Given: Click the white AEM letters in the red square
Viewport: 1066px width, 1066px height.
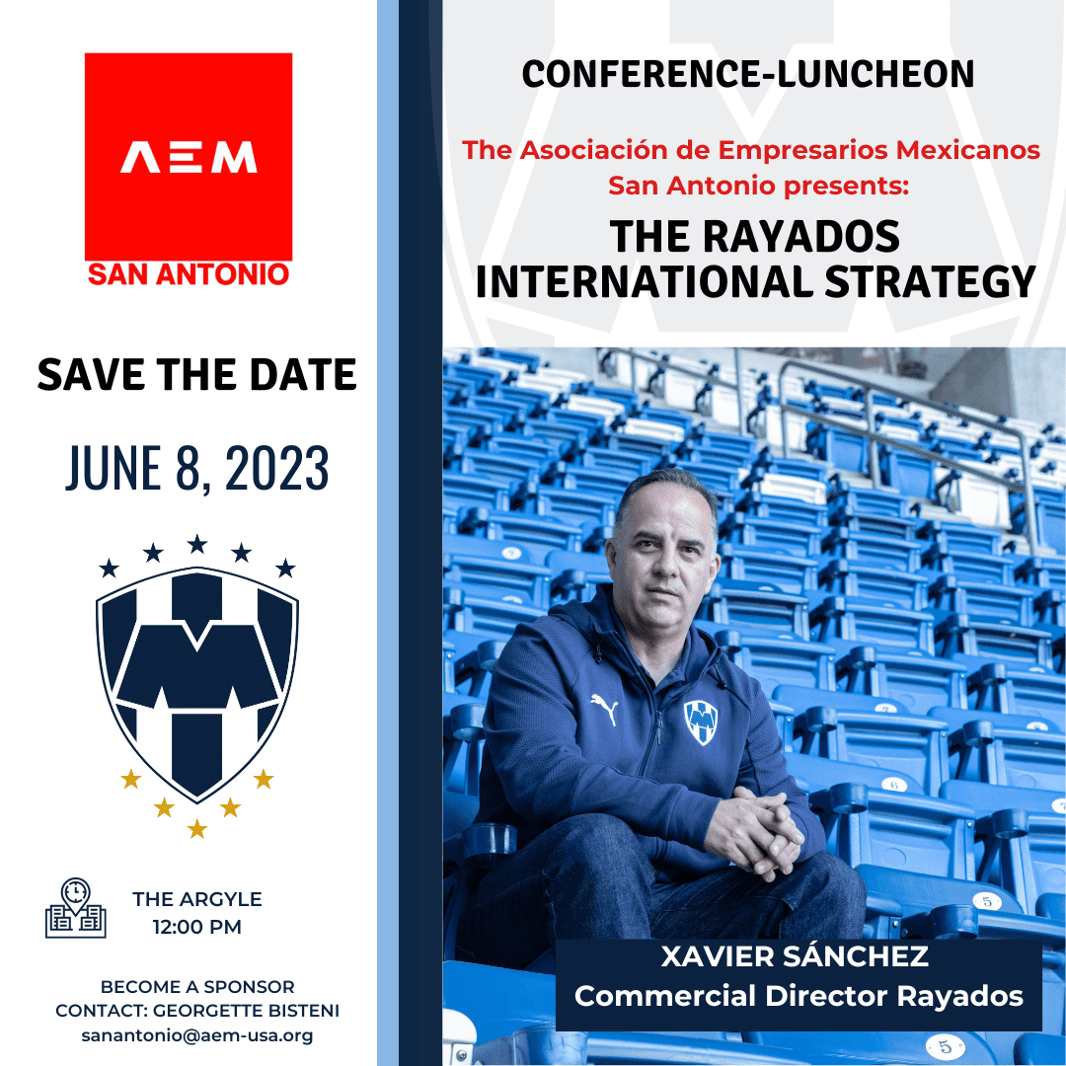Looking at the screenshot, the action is (189, 157).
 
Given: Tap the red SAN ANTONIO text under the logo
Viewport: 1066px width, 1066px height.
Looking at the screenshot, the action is (189, 274).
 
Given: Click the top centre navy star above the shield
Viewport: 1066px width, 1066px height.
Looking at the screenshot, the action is (197, 544).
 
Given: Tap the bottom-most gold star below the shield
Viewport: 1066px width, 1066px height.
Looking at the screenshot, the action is (197, 829).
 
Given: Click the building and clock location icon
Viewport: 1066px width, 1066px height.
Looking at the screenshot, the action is (75, 908).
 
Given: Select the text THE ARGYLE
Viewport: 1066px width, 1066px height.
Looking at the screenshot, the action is (197, 899).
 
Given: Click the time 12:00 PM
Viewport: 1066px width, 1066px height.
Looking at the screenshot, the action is (197, 927).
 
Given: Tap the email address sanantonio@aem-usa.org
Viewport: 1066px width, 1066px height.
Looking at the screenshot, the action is (197, 1035).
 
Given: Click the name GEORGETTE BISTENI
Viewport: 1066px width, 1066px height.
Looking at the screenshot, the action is (246, 1011).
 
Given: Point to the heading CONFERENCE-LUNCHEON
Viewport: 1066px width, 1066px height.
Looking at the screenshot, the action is (748, 74).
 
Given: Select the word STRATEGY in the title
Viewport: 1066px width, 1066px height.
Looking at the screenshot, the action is (930, 281).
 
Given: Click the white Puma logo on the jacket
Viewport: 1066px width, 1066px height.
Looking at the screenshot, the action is (604, 709).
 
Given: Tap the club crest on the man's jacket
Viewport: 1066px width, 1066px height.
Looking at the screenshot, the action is (701, 722).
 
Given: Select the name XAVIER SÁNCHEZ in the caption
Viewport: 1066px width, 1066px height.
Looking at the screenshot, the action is (795, 956).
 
